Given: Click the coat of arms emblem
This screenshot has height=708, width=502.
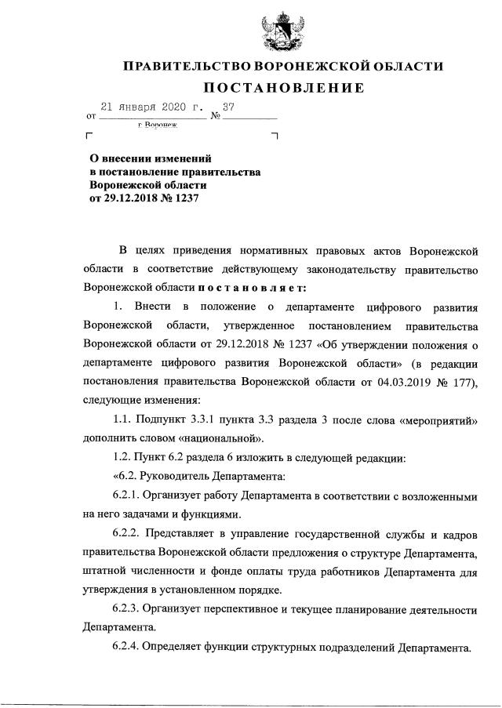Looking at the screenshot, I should coord(277,28).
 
